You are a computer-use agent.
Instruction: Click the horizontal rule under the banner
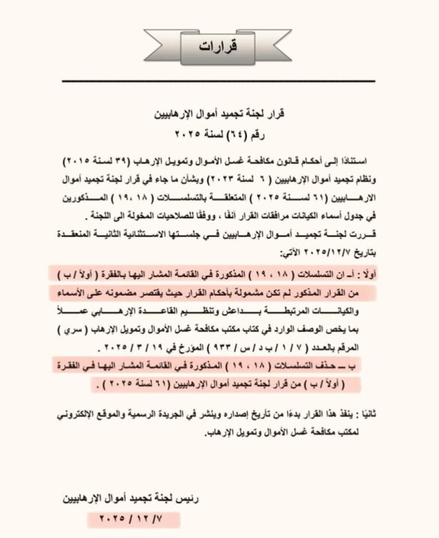[219, 81]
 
